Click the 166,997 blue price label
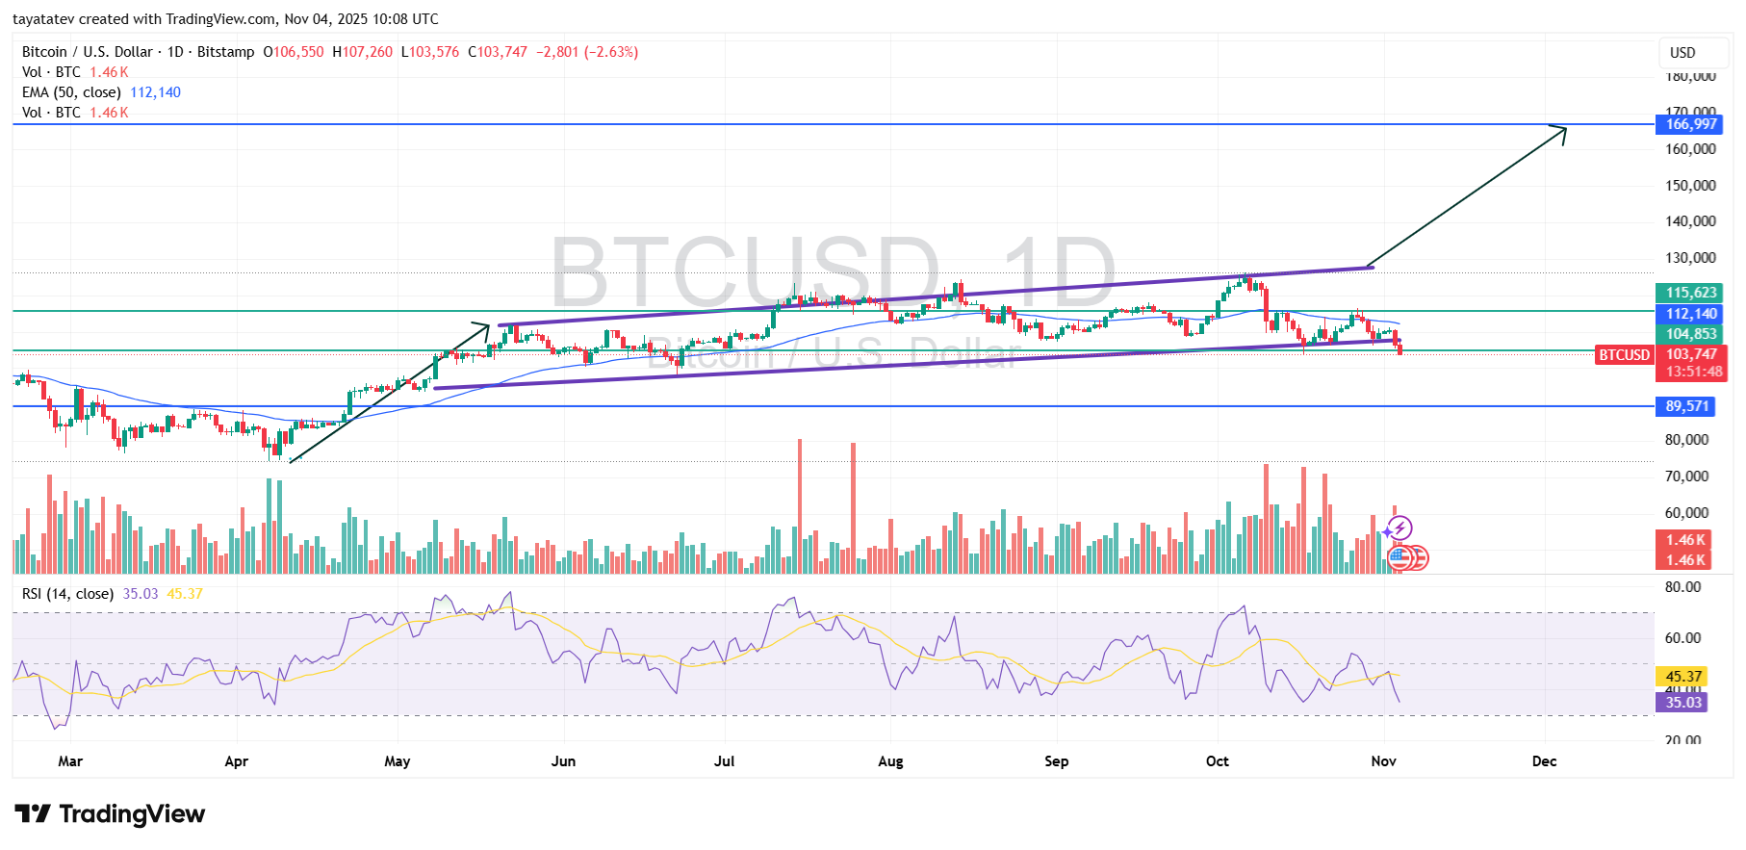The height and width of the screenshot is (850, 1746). tap(1691, 124)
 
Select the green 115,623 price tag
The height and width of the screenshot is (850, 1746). tap(1691, 293)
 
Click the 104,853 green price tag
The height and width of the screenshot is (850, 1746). tap(1691, 334)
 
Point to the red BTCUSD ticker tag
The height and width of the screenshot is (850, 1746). tap(1624, 355)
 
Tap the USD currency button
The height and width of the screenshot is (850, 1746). tap(1682, 53)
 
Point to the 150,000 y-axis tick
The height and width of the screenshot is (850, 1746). tap(1690, 185)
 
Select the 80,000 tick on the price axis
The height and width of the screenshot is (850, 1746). tap(1686, 440)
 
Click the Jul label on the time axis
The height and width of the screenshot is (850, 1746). tap(724, 761)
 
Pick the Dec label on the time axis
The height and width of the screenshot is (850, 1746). tap(1544, 761)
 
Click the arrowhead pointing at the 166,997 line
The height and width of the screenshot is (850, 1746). tap(1560, 132)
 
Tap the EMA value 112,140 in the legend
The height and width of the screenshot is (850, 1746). tap(155, 92)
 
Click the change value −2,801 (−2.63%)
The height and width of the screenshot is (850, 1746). tap(586, 52)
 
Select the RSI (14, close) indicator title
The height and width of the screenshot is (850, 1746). tap(67, 594)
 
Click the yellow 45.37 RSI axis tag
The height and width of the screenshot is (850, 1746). tap(1683, 677)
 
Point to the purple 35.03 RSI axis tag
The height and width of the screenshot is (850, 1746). tap(1683, 703)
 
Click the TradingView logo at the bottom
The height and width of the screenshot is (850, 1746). tap(110, 814)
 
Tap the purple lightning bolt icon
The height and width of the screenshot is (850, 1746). tap(1399, 528)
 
